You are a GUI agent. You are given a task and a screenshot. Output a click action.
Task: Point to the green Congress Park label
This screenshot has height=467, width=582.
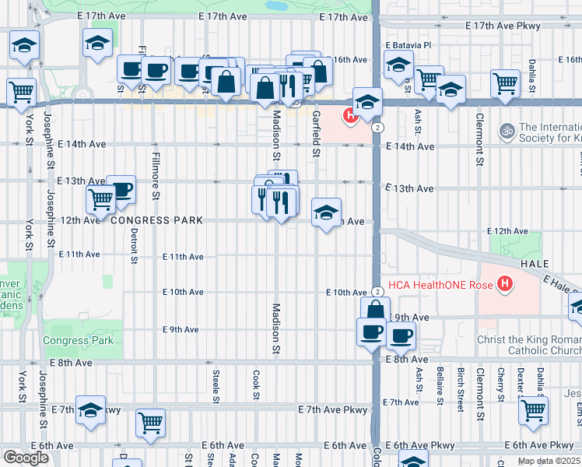(x=78, y=340)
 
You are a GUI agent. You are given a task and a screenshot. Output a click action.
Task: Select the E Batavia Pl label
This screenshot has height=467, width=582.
(x=408, y=46)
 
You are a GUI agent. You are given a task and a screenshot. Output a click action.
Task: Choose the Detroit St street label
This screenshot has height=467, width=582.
(x=134, y=244)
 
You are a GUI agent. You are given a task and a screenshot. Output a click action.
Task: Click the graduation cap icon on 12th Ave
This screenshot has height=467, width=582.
(x=326, y=211)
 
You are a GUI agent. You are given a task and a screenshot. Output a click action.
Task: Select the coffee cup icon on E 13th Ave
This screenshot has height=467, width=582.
(x=121, y=189)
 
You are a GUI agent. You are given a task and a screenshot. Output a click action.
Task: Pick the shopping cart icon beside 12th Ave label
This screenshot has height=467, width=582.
(x=100, y=199)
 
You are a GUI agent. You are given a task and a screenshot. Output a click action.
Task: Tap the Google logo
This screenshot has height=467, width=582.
(x=26, y=458)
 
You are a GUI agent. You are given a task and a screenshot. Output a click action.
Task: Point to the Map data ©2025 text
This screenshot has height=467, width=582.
(x=549, y=461)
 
